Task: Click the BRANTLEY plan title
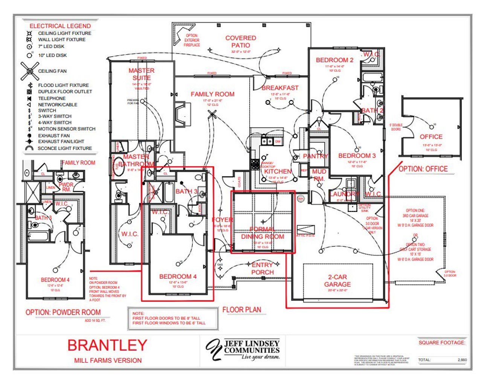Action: click(107, 345)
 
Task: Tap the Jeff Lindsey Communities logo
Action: click(243, 349)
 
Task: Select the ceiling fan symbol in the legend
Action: click(29, 71)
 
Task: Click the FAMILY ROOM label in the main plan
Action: click(212, 94)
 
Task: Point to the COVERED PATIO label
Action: click(241, 41)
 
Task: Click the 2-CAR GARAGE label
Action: click(337, 281)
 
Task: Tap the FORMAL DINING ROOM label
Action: click(262, 233)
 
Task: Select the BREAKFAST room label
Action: click(280, 88)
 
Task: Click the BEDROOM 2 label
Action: click(334, 60)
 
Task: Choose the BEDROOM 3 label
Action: click(357, 155)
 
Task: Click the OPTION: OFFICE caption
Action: click(423, 169)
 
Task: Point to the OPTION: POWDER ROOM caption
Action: click(63, 312)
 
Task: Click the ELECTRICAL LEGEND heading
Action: click(60, 26)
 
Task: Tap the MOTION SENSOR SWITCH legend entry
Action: click(67, 129)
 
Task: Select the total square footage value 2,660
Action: click(462, 360)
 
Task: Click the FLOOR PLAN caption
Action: click(241, 310)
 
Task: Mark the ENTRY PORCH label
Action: click(262, 269)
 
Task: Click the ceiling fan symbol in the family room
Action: click(213, 114)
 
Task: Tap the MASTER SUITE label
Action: click(141, 74)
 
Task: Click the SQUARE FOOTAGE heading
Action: click(442, 343)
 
